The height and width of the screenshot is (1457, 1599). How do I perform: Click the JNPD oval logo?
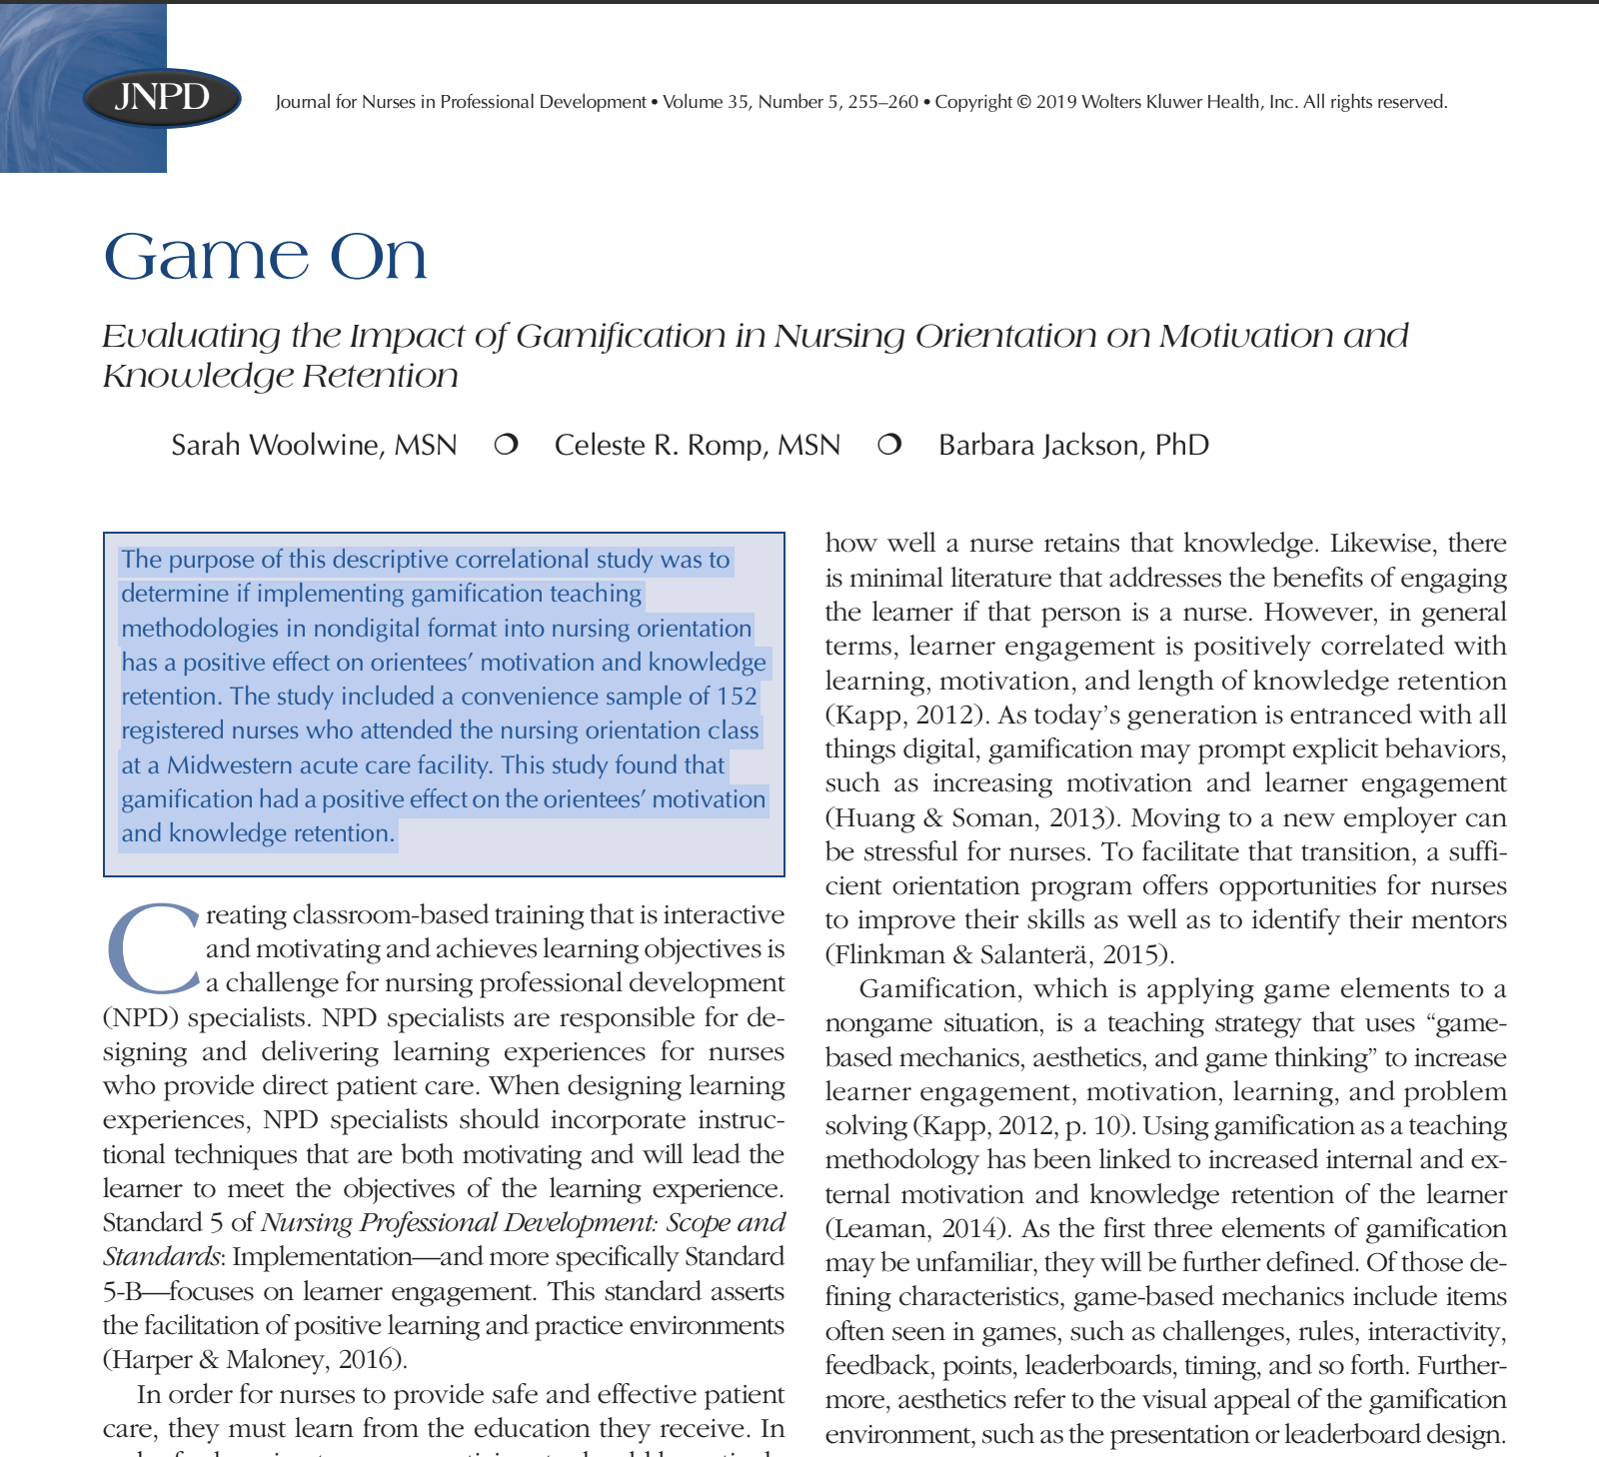point(162,98)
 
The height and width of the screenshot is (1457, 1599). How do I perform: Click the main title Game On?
point(266,257)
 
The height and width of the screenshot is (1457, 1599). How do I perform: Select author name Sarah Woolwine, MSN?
point(314,445)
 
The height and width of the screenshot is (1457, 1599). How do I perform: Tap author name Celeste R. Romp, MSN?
point(698,445)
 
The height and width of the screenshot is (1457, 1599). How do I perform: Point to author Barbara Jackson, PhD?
point(1073,445)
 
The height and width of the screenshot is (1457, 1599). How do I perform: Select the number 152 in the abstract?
point(737,697)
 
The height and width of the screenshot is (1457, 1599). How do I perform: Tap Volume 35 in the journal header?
point(706,102)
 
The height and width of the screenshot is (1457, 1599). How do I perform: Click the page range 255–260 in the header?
point(882,102)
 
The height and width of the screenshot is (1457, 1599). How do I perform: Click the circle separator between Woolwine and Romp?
point(506,445)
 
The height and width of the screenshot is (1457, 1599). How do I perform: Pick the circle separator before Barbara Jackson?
point(889,445)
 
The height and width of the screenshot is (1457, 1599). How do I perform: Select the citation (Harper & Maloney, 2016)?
point(255,1360)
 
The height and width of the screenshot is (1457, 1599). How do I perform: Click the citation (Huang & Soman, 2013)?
point(964,818)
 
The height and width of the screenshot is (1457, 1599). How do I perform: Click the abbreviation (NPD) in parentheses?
point(139,1018)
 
